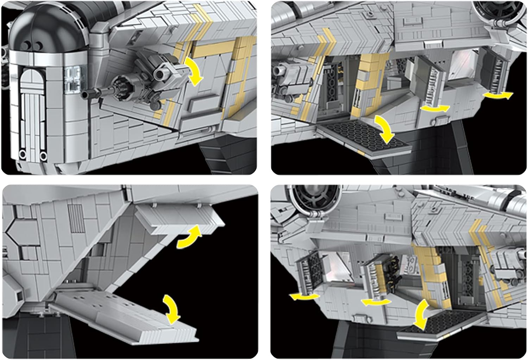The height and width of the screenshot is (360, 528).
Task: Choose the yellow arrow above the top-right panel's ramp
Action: point(385,130)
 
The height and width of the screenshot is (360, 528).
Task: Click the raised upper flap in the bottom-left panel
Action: point(180,220)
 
